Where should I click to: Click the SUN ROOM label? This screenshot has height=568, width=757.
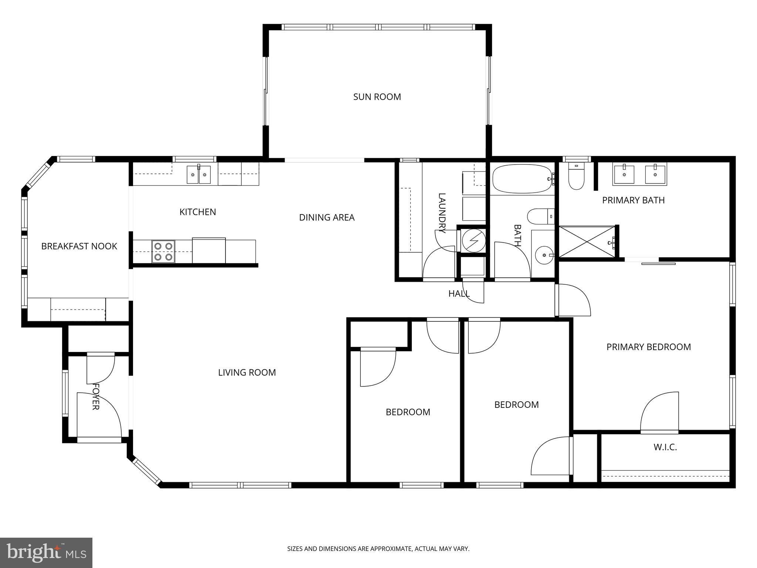pyautogui.click(x=377, y=97)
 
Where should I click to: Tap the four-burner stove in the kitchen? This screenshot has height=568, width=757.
pyautogui.click(x=163, y=251)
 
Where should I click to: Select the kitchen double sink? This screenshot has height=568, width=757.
pyautogui.click(x=199, y=175)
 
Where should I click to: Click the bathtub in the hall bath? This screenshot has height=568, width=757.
pyautogui.click(x=523, y=179)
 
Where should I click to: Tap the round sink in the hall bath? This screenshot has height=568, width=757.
pyautogui.click(x=543, y=254)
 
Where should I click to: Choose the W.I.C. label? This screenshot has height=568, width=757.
pyautogui.click(x=665, y=447)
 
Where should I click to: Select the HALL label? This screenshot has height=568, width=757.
pyautogui.click(x=459, y=294)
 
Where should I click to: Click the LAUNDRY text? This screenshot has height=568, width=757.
pyautogui.click(x=442, y=213)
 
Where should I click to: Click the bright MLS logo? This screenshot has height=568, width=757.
pyautogui.click(x=46, y=552)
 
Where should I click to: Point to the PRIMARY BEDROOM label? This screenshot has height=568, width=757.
pyautogui.click(x=649, y=347)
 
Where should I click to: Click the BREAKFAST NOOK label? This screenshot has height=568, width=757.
pyautogui.click(x=79, y=246)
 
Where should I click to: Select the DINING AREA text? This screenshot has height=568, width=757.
pyautogui.click(x=327, y=217)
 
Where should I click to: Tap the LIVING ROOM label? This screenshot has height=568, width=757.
pyautogui.click(x=247, y=372)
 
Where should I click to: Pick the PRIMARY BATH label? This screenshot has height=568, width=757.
pyautogui.click(x=634, y=200)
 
